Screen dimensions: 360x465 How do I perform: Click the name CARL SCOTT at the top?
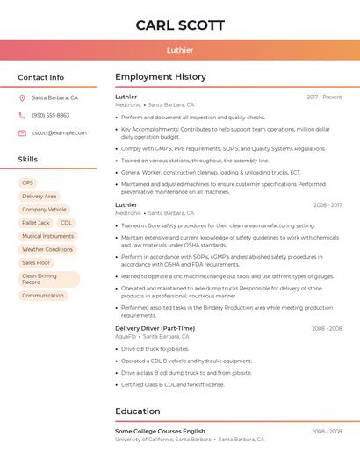180,25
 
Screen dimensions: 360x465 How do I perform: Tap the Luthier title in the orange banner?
180,50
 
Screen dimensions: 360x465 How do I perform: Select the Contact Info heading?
40,77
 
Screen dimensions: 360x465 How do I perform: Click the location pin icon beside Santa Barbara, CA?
22,98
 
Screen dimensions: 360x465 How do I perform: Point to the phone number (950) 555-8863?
50,115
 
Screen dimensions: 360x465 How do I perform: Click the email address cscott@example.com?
59,132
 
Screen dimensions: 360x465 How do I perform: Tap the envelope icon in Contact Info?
22,132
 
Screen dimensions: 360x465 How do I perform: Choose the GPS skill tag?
28,182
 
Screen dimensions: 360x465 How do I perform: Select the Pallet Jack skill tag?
35,223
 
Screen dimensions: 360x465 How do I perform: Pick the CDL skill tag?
67,223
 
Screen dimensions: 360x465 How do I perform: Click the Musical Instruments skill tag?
47,236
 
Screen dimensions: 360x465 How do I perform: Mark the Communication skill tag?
43,296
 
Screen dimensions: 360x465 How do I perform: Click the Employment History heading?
161,77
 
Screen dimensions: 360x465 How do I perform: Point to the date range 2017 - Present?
324,97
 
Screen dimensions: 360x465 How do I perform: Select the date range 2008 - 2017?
328,205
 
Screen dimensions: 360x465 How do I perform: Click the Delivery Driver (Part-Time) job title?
155,328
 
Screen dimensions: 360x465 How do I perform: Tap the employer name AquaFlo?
126,336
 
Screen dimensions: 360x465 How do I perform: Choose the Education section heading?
139,411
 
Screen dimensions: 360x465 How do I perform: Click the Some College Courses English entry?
160,432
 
